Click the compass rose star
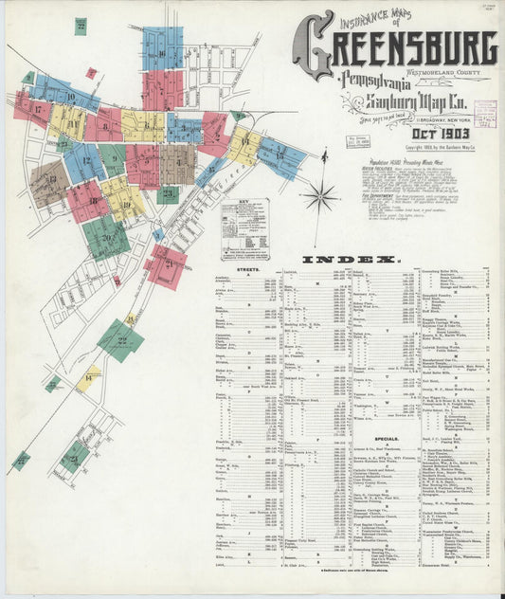(319, 196)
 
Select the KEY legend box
(244, 228)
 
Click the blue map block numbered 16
(162, 47)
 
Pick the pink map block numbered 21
(166, 266)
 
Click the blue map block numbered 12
(84, 161)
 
